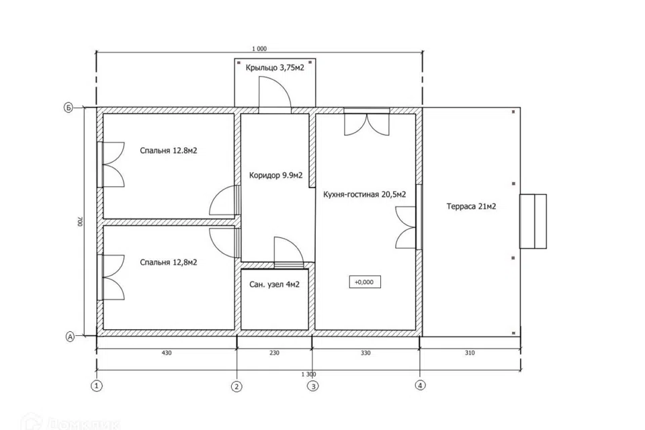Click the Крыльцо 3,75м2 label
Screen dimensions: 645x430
[x=275, y=67]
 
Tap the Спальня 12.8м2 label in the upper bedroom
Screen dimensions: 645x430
[x=168, y=150]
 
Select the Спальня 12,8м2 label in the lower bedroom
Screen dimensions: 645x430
[x=168, y=263]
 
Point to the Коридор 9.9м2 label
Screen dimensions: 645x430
[x=275, y=176]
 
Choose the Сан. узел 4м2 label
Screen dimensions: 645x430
[x=274, y=284]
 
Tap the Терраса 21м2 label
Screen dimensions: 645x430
[x=471, y=206]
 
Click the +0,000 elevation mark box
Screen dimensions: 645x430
[x=364, y=282]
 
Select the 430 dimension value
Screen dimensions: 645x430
[x=167, y=353]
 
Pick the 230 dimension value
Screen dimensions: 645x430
[x=274, y=353]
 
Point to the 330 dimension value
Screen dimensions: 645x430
[x=365, y=353]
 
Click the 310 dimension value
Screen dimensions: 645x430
[x=470, y=353]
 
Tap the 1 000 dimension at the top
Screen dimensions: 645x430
[x=259, y=48]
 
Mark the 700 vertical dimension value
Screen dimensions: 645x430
[x=79, y=222]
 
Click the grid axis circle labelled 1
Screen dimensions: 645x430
[x=97, y=386]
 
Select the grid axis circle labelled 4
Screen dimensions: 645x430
[x=420, y=386]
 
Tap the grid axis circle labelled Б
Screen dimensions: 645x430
[x=68, y=107]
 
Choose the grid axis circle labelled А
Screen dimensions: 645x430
[x=71, y=337]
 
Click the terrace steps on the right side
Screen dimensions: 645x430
[x=533, y=221]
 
